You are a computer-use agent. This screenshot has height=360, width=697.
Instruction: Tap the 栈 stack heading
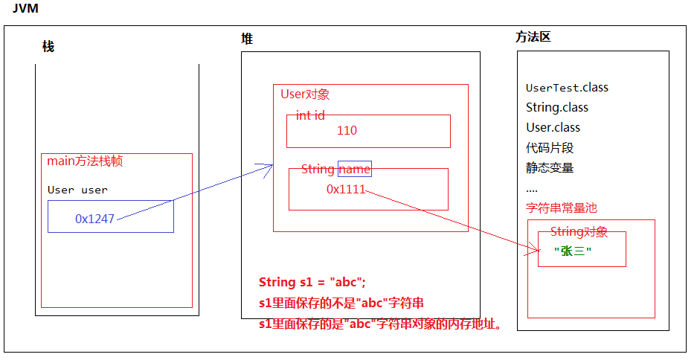pyautogui.click(x=48, y=46)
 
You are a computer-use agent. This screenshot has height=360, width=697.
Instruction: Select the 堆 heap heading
pyautogui.click(x=247, y=39)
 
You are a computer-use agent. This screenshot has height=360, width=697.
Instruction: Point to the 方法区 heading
pyautogui.click(x=533, y=36)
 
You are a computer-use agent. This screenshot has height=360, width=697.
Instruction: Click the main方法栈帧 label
pyautogui.click(x=90, y=161)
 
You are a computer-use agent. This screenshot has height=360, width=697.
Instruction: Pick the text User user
pyautogui.click(x=77, y=190)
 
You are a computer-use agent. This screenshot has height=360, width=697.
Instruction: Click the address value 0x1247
pyautogui.click(x=95, y=219)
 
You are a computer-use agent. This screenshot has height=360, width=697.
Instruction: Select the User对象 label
pyautogui.click(x=305, y=94)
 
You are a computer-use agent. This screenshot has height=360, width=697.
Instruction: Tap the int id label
pyautogui.click(x=310, y=115)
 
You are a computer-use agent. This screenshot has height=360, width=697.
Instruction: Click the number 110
pyautogui.click(x=347, y=131)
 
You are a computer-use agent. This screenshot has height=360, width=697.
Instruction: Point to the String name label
pyautogui.click(x=335, y=170)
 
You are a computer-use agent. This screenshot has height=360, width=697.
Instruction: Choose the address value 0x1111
pyautogui.click(x=346, y=189)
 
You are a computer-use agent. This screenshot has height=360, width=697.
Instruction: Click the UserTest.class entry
pyautogui.click(x=567, y=88)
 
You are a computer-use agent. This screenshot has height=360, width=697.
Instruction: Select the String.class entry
pyautogui.click(x=557, y=108)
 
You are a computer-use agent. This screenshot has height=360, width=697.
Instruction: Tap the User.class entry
pyautogui.click(x=553, y=128)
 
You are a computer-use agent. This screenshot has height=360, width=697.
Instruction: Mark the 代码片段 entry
pyautogui.click(x=550, y=148)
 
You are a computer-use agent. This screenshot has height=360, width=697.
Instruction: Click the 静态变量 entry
pyautogui.click(x=550, y=168)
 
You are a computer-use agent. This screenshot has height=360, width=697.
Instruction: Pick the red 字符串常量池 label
pyautogui.click(x=562, y=208)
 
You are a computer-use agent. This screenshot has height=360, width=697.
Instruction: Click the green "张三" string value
pyautogui.click(x=573, y=251)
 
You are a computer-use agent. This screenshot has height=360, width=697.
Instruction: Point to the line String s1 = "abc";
pyautogui.click(x=312, y=283)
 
